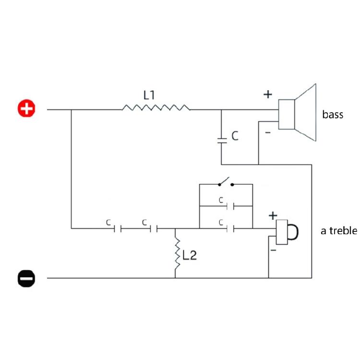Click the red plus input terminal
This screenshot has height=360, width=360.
(26, 108)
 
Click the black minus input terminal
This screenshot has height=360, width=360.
(26, 278)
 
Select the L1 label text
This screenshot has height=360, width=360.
(149, 95)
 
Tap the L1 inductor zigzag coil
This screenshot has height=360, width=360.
(156, 108)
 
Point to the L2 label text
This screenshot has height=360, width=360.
(190, 255)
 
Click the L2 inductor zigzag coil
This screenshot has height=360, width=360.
(178, 254)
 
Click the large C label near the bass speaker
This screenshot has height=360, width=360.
(235, 136)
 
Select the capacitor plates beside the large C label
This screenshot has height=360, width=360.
(222, 141)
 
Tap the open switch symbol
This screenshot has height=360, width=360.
(226, 182)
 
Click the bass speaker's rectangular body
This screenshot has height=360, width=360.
(287, 114)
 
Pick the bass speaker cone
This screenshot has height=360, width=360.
(306, 112)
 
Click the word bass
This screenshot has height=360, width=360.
(333, 114)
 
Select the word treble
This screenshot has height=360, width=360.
(343, 231)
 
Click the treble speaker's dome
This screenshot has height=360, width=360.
(293, 232)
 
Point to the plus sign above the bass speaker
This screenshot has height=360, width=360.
(268, 95)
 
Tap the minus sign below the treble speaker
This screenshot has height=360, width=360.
(273, 250)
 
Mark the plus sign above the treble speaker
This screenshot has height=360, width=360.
(273, 216)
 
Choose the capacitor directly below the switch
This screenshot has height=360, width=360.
(230, 206)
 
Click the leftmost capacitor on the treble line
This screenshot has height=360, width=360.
(117, 228)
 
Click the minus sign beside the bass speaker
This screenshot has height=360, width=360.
(268, 132)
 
